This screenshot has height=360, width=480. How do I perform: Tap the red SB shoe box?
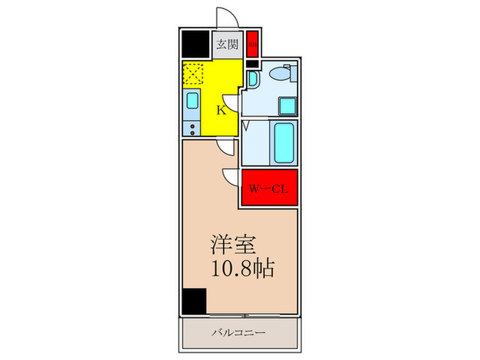(x=252, y=45)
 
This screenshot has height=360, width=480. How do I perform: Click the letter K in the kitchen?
(x=221, y=110)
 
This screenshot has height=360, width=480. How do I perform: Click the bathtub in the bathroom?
(x=284, y=142)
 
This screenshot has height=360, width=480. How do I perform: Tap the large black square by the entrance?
(x=195, y=46)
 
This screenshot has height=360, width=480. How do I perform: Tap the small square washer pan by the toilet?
(x=287, y=106)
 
